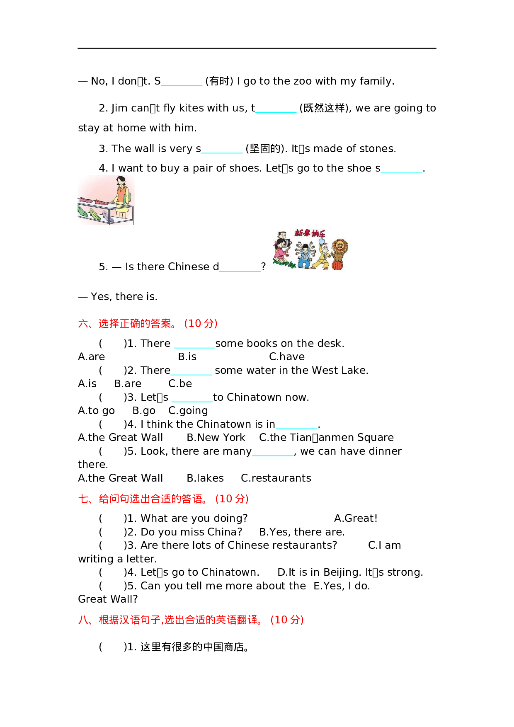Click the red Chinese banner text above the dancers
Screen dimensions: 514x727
tap(310, 233)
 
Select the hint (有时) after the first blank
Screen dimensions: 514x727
tap(219, 81)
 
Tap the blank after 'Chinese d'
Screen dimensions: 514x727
tap(240, 267)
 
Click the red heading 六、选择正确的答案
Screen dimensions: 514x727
tap(148, 323)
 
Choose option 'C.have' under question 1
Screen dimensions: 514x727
tap(286, 356)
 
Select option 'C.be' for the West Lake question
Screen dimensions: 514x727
tap(180, 383)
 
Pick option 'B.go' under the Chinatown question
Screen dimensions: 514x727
tap(144, 410)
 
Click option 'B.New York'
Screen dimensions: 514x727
tap(216, 437)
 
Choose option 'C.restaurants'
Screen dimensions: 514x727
tap(276, 478)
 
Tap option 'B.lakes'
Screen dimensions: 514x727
tap(205, 478)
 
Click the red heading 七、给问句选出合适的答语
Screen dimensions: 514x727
tap(163, 499)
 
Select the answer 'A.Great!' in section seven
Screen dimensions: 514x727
tap(356, 518)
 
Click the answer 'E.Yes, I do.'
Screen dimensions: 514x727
tap(342, 586)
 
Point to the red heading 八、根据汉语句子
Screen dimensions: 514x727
tap(191, 620)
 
